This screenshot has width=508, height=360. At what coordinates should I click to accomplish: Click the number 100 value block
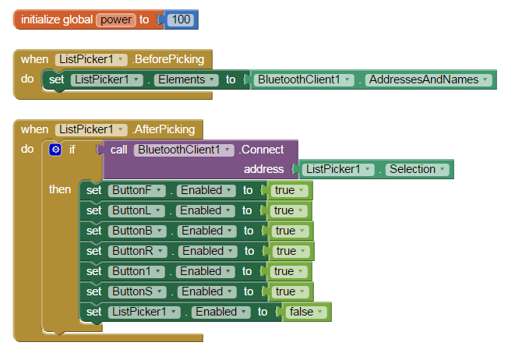(x=181, y=19)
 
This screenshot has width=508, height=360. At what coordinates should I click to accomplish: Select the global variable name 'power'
(x=115, y=19)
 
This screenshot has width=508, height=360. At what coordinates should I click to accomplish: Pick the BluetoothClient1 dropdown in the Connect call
(x=184, y=150)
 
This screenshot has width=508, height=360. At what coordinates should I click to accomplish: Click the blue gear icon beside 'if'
(x=55, y=150)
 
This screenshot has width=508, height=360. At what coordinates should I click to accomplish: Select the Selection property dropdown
(x=418, y=169)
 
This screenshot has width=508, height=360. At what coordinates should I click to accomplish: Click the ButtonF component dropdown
(x=137, y=190)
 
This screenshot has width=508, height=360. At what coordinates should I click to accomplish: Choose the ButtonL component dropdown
(x=137, y=210)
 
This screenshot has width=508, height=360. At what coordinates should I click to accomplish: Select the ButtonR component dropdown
(x=138, y=251)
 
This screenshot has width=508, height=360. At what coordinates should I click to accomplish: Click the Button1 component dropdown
(x=137, y=271)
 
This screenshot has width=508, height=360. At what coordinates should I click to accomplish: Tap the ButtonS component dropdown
(x=138, y=291)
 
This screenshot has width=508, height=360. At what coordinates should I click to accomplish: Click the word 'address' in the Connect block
(x=263, y=169)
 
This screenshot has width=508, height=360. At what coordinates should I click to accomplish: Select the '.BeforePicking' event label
(x=168, y=59)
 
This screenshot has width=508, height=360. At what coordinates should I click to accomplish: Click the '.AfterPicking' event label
(x=164, y=129)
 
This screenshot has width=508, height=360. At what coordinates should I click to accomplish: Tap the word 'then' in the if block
(x=60, y=189)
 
